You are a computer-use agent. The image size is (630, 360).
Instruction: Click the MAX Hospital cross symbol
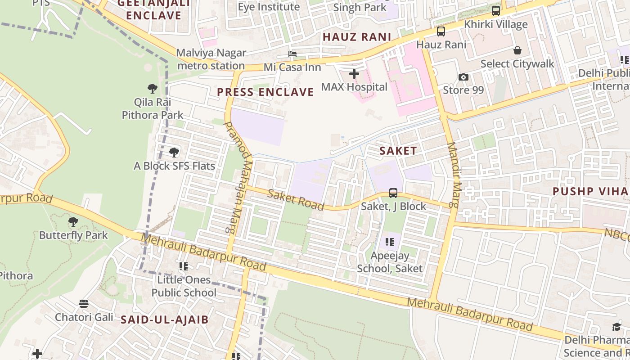tap(354, 73)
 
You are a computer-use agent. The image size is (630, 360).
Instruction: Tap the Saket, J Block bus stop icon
tap(393, 193)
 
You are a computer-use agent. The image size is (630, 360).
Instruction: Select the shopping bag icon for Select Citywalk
tap(517, 50)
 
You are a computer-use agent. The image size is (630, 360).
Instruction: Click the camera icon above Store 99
tap(463, 77)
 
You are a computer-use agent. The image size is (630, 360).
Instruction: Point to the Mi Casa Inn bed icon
tap(292, 54)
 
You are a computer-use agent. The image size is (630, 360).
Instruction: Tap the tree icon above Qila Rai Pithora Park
tap(153, 89)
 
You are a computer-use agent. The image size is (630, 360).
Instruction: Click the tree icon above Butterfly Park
tap(73, 222)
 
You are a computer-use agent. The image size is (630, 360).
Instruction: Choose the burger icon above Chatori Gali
tap(84, 304)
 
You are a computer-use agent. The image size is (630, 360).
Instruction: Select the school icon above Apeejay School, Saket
tap(390, 242)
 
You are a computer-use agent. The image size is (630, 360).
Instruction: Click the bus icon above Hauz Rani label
tap(441, 31)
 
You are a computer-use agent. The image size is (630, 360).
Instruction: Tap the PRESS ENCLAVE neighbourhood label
tap(265, 92)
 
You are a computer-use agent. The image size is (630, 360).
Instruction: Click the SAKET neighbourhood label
tap(398, 151)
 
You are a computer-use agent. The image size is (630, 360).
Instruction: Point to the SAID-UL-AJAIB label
tap(165, 320)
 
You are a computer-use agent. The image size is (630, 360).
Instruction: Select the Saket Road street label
tap(296, 200)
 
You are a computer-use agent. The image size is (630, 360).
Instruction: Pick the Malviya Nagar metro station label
tap(211, 59)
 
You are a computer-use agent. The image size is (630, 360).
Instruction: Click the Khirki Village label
tap(495, 24)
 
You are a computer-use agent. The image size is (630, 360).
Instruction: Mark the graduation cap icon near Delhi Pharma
tap(616, 327)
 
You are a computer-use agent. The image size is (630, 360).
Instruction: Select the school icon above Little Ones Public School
tap(184, 266)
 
